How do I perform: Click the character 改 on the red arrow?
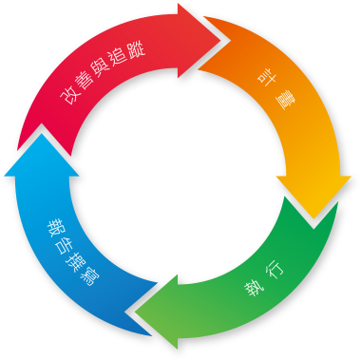coord(68,97)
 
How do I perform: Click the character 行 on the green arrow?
coord(275,269)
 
